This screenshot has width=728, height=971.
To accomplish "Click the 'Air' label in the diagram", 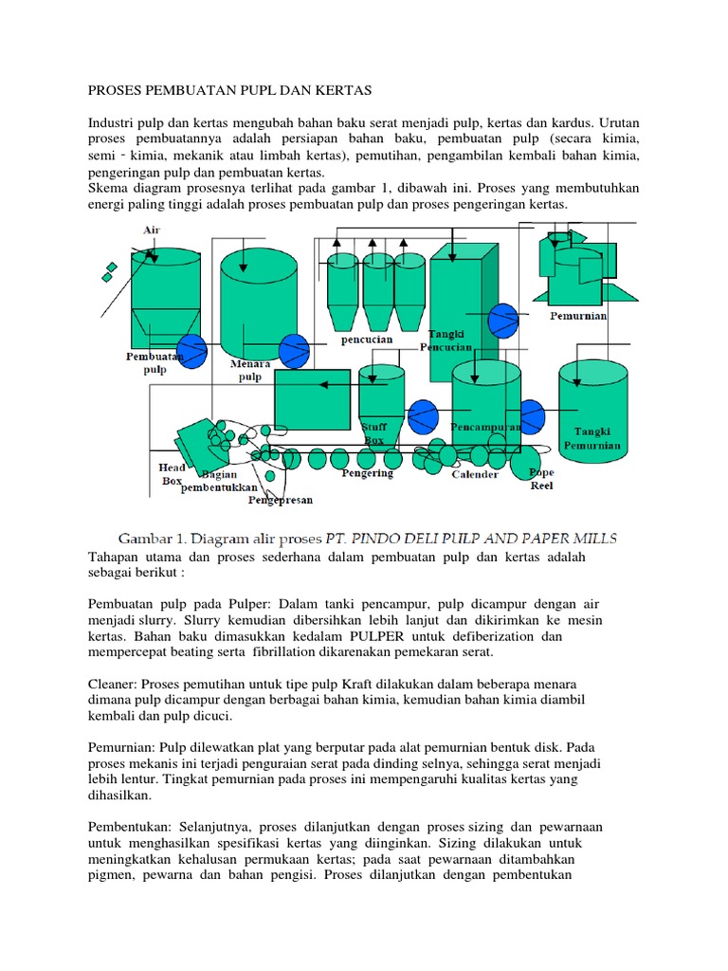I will pyautogui.click(x=151, y=229).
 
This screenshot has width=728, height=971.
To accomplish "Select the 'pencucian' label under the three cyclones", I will pyautogui.click(x=366, y=339).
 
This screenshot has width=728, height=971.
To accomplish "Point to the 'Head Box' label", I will pyautogui.click(x=172, y=473).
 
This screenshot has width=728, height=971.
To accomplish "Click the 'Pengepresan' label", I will pyautogui.click(x=281, y=500).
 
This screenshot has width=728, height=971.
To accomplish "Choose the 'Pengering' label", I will pyautogui.click(x=367, y=473).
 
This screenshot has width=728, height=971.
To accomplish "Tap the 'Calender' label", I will pyautogui.click(x=475, y=474).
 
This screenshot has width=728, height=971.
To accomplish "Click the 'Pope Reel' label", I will pyautogui.click(x=542, y=479).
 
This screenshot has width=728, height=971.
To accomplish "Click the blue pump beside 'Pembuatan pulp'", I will pyautogui.click(x=192, y=350).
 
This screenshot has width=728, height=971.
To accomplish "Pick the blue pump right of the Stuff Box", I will pyautogui.click(x=423, y=414).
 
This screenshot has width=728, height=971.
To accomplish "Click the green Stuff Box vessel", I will pyautogui.click(x=381, y=398).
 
